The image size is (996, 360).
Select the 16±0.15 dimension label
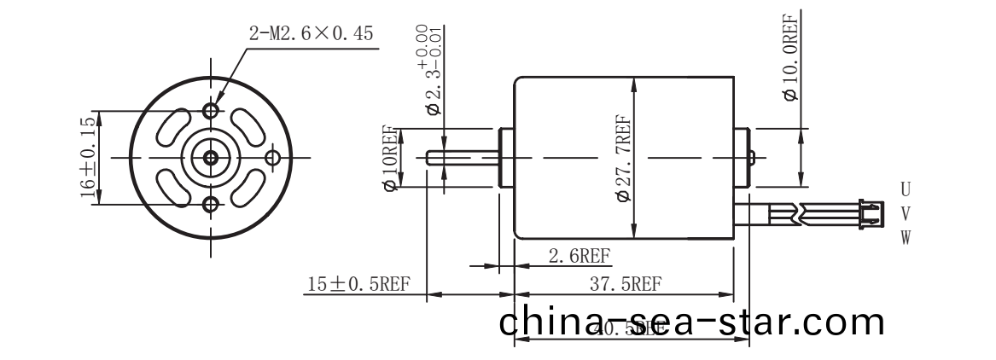88,157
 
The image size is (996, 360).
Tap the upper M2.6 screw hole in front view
211,111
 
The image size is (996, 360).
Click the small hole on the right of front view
273,157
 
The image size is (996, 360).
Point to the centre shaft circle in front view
211,157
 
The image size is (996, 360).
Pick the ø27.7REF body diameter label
623,159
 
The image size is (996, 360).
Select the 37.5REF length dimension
625,283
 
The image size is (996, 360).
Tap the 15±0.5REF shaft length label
358,283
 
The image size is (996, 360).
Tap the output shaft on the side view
461,158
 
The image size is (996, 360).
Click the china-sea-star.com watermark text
691,323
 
